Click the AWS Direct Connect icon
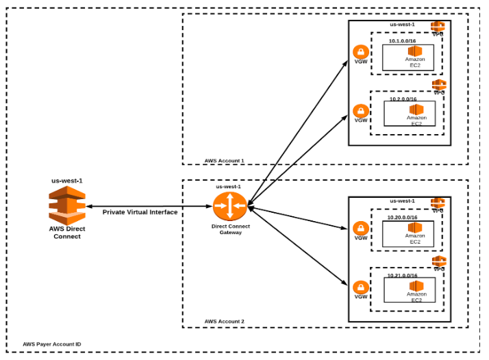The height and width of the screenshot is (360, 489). [x=66, y=204]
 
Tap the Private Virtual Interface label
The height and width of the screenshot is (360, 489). [x=140, y=212]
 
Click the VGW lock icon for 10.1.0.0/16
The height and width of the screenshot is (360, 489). [x=361, y=52]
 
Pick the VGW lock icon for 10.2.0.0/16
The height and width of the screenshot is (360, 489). [x=361, y=110]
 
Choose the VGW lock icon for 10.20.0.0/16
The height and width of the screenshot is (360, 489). [x=361, y=229]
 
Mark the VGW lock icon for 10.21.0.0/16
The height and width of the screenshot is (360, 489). [x=361, y=287]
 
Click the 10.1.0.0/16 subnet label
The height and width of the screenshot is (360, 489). [x=401, y=40]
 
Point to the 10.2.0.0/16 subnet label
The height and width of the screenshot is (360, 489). [x=403, y=99]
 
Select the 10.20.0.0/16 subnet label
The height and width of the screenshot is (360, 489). [x=401, y=217]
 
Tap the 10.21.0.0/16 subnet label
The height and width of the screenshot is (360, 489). [x=401, y=275]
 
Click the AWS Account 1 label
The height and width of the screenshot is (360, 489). [x=224, y=161]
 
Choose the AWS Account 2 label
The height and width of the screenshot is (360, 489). [x=224, y=321]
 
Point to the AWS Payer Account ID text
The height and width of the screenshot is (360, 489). [x=52, y=344]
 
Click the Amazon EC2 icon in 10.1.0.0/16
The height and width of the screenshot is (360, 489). [x=415, y=51]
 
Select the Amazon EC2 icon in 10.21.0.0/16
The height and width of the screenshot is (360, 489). [x=416, y=286]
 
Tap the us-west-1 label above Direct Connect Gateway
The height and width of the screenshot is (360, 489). [x=229, y=186]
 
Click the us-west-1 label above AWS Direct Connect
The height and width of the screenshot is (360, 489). [x=66, y=181]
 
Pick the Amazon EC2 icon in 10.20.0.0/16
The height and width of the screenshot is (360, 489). [x=415, y=228]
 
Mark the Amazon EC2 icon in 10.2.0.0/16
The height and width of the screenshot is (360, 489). [x=416, y=110]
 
